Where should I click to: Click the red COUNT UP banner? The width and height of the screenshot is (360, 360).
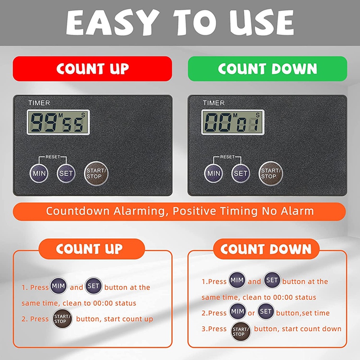point(92,68)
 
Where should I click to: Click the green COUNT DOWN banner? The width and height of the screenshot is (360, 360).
point(267,68)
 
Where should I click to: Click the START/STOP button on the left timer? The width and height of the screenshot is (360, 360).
point(96,173)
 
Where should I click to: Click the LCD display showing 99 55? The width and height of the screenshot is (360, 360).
point(58,122)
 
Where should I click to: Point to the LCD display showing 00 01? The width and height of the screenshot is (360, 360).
point(232,122)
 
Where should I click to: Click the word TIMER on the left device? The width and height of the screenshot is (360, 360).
point(39,103)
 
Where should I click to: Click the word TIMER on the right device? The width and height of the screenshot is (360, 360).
point(214,103)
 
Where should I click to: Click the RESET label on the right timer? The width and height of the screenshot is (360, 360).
point(227,157)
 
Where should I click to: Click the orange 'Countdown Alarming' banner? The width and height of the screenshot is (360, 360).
point(180,211)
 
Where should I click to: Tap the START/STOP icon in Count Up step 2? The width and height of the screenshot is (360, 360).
point(62,319)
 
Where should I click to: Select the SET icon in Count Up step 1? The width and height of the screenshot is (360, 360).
point(94,286)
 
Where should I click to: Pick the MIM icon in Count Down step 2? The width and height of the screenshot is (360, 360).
point(238,311)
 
